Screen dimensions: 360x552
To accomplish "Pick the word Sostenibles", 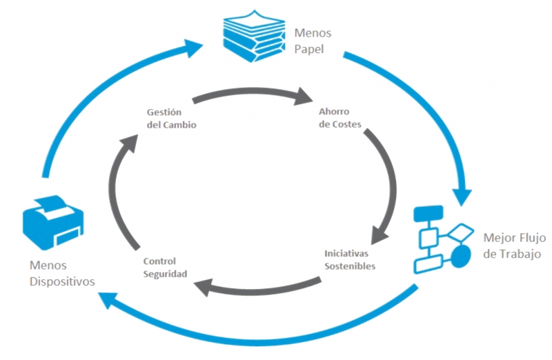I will click(x=350, y=266).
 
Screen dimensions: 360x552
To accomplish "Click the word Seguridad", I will click(x=165, y=274).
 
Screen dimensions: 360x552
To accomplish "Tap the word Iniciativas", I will click(x=348, y=254).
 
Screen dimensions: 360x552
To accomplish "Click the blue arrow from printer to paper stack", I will click(x=97, y=90).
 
